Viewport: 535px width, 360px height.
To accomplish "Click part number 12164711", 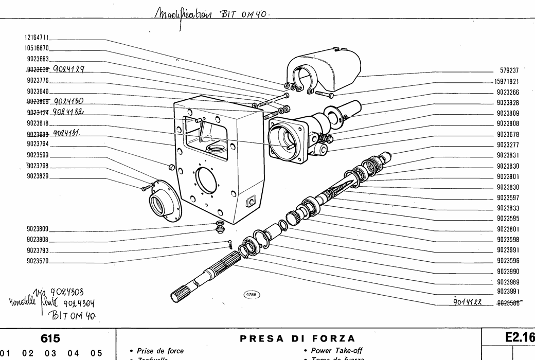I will pyautogui.click(x=37, y=38).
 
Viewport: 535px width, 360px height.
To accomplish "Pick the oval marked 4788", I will pyautogui.click(x=252, y=295).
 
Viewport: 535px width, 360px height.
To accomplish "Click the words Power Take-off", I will pyautogui.click(x=333, y=351).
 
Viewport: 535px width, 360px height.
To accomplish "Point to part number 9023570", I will pyautogui.click(x=37, y=261).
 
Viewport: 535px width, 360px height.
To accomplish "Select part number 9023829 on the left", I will pyautogui.click(x=37, y=175).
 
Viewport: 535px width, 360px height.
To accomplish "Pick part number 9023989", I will pyautogui.click(x=507, y=282).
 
